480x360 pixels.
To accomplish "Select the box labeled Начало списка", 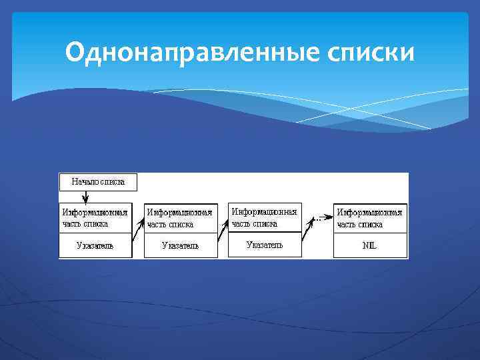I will (98, 181).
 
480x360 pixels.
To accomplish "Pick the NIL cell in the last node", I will (370, 245).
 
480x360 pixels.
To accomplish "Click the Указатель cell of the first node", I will (95, 245).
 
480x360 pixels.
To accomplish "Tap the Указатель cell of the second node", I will (181, 245).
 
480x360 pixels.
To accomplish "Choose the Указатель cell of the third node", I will (265, 245).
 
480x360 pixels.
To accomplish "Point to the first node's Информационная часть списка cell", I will (95, 218).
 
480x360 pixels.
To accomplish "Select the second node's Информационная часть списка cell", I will (181, 218).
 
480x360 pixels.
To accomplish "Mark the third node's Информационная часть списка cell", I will (265, 217).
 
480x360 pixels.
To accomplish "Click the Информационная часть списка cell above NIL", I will (370, 218).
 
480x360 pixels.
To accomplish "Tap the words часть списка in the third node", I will (255, 223).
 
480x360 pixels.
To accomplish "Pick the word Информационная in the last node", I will (369, 213).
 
